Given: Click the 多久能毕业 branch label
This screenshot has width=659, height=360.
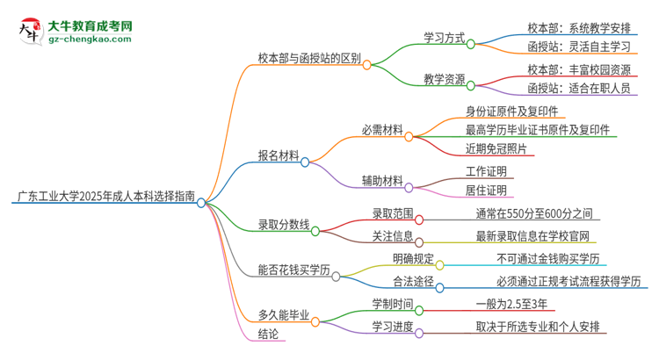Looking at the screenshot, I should tap(283, 313).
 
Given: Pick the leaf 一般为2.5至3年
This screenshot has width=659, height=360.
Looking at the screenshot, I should tap(516, 305).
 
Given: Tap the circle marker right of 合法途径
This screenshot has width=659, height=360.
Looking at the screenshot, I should tap(439, 286).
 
